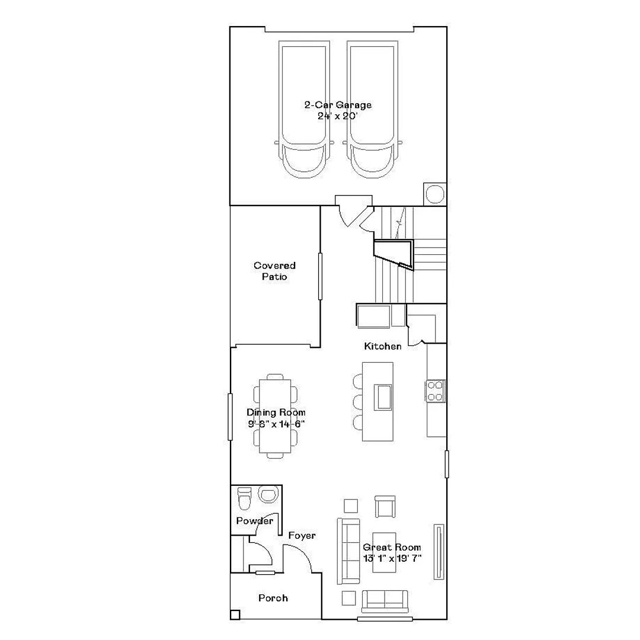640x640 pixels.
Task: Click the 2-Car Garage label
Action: pyautogui.click(x=338, y=105)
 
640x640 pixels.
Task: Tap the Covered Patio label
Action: pyautogui.click(x=275, y=271)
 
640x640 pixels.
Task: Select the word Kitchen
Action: pyautogui.click(x=382, y=347)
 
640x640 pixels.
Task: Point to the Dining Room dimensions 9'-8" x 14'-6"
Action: pyautogui.click(x=276, y=424)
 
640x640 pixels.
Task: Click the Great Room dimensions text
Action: pyautogui.click(x=392, y=558)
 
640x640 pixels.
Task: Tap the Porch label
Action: pyautogui.click(x=273, y=599)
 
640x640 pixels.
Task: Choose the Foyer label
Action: pyautogui.click(x=302, y=536)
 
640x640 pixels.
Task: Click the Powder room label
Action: pyautogui.click(x=255, y=521)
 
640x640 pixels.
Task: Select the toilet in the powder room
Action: pyautogui.click(x=245, y=498)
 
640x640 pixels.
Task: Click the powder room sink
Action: pyautogui.click(x=268, y=495)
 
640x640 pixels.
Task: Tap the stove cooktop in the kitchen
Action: pyautogui.click(x=435, y=391)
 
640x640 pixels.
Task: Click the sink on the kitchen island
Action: pyautogui.click(x=383, y=396)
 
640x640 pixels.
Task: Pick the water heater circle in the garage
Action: pyautogui.click(x=435, y=193)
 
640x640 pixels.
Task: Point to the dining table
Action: pyautogui.click(x=275, y=416)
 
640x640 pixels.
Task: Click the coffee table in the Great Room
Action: pyautogui.click(x=384, y=552)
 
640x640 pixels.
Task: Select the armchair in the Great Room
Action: pyautogui.click(x=385, y=507)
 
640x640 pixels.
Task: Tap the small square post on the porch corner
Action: pyautogui.click(x=235, y=615)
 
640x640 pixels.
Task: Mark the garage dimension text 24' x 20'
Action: pyautogui.click(x=338, y=116)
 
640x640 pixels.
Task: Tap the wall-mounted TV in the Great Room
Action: pyautogui.click(x=439, y=552)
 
